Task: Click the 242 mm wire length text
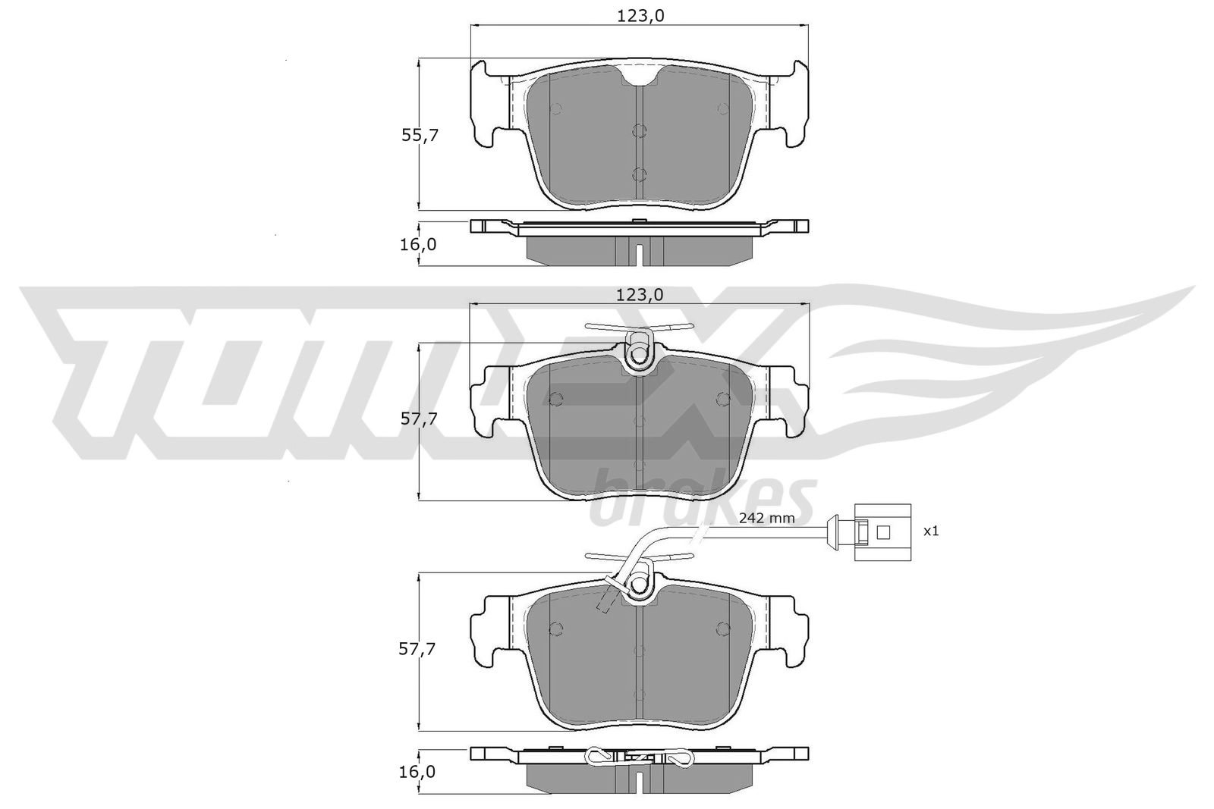point(766,519)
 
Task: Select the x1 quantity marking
point(931,531)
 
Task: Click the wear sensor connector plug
point(881,531)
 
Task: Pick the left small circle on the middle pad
point(555,399)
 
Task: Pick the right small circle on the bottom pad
point(723,628)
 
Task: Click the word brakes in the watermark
point(702,497)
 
